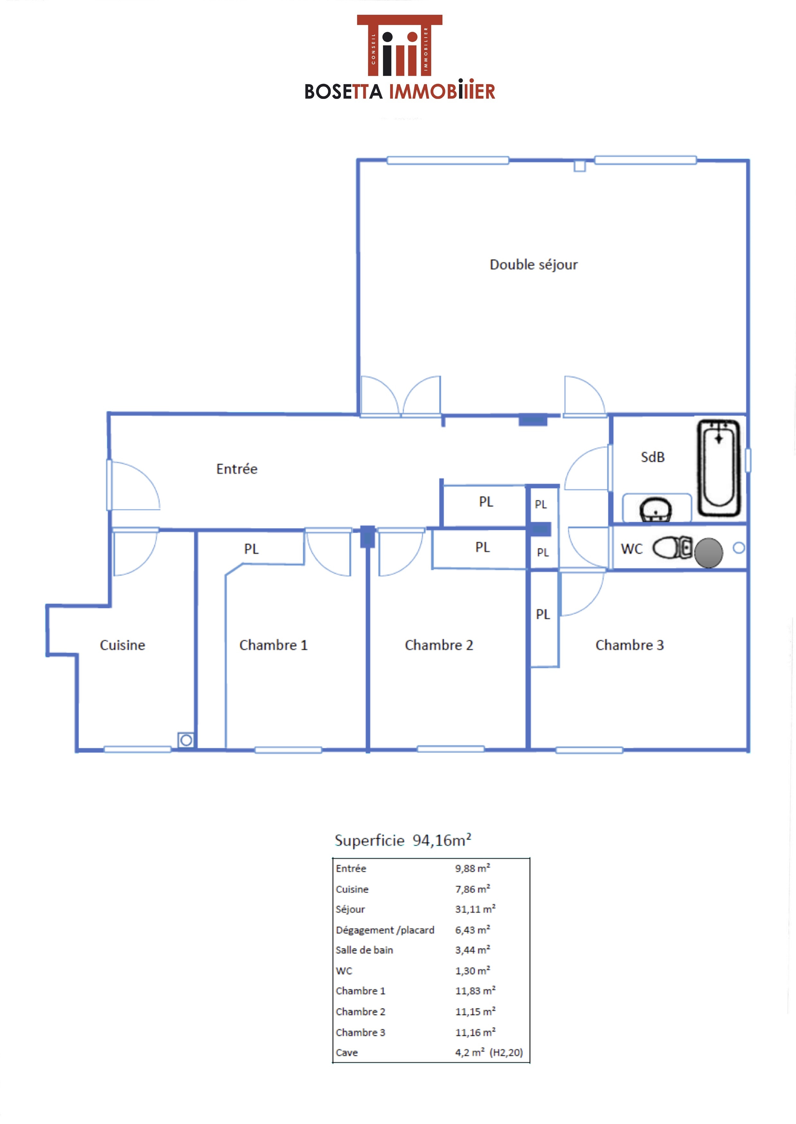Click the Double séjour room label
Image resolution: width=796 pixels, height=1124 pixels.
(534, 265)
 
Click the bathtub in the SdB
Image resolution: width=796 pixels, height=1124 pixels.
(719, 468)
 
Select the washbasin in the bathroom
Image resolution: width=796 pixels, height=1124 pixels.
(655, 510)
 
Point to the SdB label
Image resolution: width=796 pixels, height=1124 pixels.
(653, 457)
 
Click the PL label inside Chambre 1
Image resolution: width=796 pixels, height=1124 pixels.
(251, 549)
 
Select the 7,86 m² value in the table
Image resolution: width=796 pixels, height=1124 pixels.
(473, 889)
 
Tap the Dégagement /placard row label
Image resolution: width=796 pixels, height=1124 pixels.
(385, 930)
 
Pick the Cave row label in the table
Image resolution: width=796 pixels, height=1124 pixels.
(347, 1052)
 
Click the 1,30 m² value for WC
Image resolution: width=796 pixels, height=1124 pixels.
(473, 970)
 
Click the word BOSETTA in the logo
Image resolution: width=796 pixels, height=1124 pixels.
(343, 92)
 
